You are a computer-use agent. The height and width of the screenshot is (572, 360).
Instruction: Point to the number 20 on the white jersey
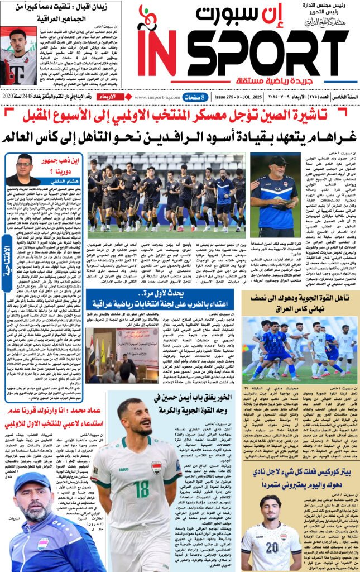[x=271, y=546]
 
